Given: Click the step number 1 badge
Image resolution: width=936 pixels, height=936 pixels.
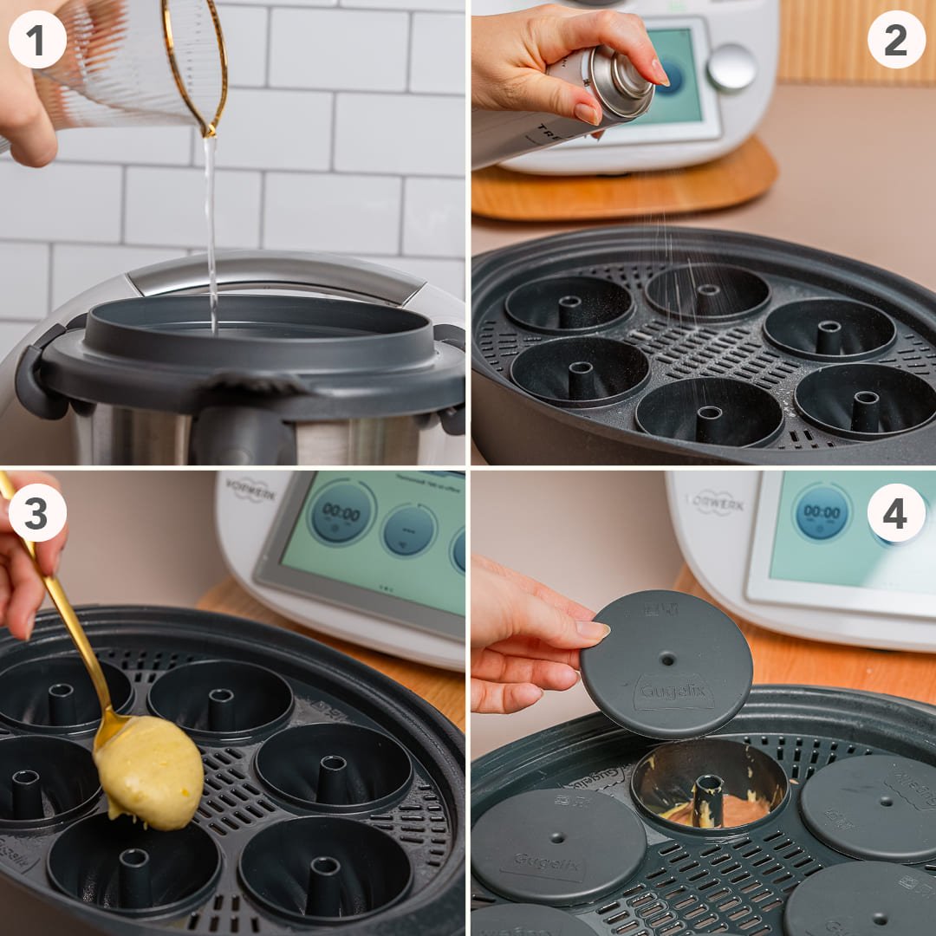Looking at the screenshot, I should pos(37,39).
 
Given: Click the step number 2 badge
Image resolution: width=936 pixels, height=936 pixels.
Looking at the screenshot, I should pos(896,39).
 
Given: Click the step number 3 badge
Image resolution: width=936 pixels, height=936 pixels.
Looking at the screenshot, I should pos(37,512).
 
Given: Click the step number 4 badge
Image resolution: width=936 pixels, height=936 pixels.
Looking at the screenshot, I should pos(896,512).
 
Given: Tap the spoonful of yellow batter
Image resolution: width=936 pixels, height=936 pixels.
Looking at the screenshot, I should pos(149,770).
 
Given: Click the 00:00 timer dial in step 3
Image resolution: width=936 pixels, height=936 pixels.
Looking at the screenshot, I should pos(341,512).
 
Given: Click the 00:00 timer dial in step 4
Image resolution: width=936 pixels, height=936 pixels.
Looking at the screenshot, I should pos(822,512).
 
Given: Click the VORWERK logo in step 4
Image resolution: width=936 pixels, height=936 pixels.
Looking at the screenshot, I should pos(714,503).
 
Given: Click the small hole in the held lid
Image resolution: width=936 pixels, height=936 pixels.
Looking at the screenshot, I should pos(667,659).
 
